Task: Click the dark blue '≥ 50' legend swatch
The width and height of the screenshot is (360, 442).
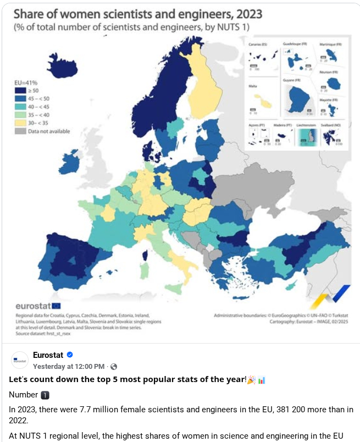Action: [20, 90]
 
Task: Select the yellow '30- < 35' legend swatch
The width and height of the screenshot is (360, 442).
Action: [20, 123]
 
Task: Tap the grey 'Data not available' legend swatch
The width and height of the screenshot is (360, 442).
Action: [20, 131]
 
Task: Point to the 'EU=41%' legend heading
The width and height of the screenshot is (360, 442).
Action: [26, 82]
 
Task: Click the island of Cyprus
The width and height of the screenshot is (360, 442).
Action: [295, 285]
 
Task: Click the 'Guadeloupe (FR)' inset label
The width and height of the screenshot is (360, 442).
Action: [296, 43]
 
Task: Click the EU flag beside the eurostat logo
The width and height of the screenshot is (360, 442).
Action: [56, 306]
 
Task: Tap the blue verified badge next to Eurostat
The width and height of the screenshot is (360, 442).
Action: [70, 355]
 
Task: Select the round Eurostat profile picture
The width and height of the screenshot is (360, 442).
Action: [19, 360]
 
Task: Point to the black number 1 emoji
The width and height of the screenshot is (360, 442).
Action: [46, 395]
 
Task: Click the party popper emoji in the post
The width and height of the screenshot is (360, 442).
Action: [251, 380]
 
